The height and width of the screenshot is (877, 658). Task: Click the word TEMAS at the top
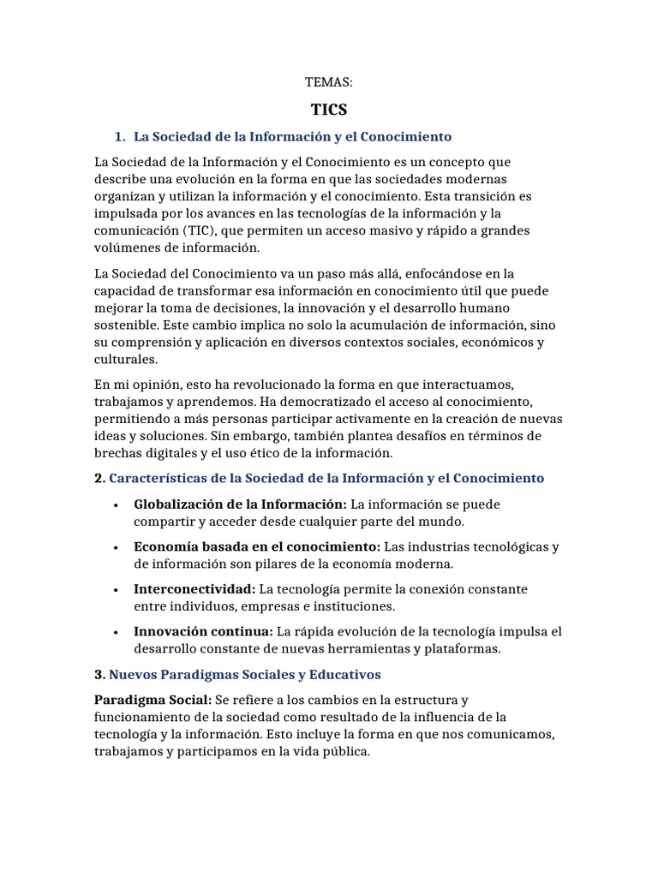pos(329,82)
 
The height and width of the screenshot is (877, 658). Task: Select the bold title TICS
pos(329,110)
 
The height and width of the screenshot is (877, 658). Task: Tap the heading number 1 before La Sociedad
pos(119,136)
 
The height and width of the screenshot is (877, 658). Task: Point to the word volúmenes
pos(125,248)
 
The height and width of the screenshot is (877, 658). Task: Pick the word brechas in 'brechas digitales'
pos(117,453)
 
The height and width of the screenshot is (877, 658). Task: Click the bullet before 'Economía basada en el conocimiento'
pos(115,547)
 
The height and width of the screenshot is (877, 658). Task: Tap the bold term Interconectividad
pos(194,589)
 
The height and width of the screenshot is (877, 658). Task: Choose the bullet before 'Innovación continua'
pos(115,632)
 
